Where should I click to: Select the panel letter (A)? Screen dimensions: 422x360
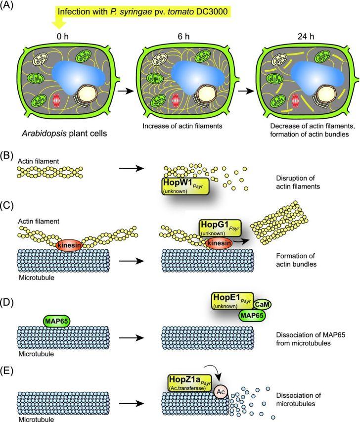[10, 7]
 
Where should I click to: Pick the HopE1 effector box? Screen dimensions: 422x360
[233, 300]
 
